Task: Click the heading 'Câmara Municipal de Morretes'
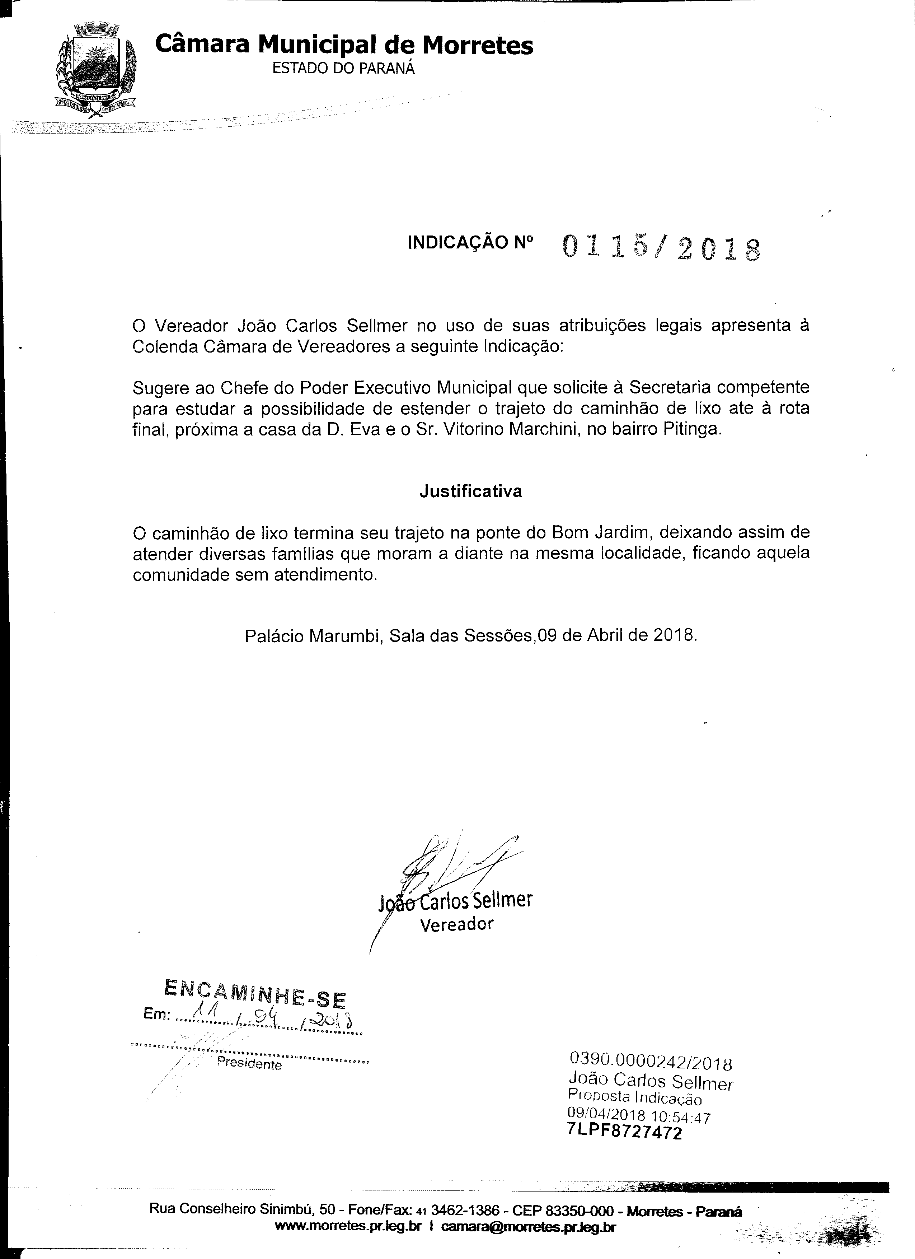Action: point(344,45)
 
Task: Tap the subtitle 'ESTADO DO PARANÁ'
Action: point(343,68)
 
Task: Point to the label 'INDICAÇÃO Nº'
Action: point(470,243)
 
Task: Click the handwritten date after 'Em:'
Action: point(266,1017)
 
